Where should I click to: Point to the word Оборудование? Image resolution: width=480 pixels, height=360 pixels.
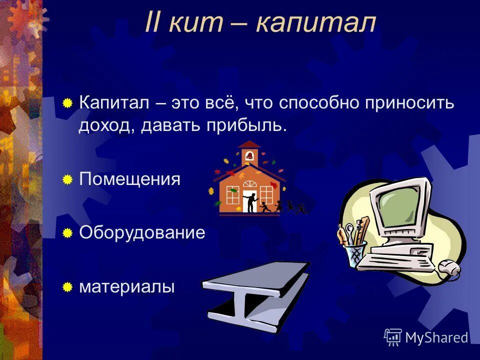142,233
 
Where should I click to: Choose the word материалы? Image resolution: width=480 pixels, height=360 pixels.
127,287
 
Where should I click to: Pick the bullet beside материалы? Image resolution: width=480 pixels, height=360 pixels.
67,287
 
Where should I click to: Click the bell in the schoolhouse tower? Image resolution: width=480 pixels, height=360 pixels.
249,156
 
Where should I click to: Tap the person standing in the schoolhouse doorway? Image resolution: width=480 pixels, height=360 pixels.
250,201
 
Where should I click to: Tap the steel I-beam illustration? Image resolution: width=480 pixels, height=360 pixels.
255,295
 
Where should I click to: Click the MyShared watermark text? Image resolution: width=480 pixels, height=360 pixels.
436,337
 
